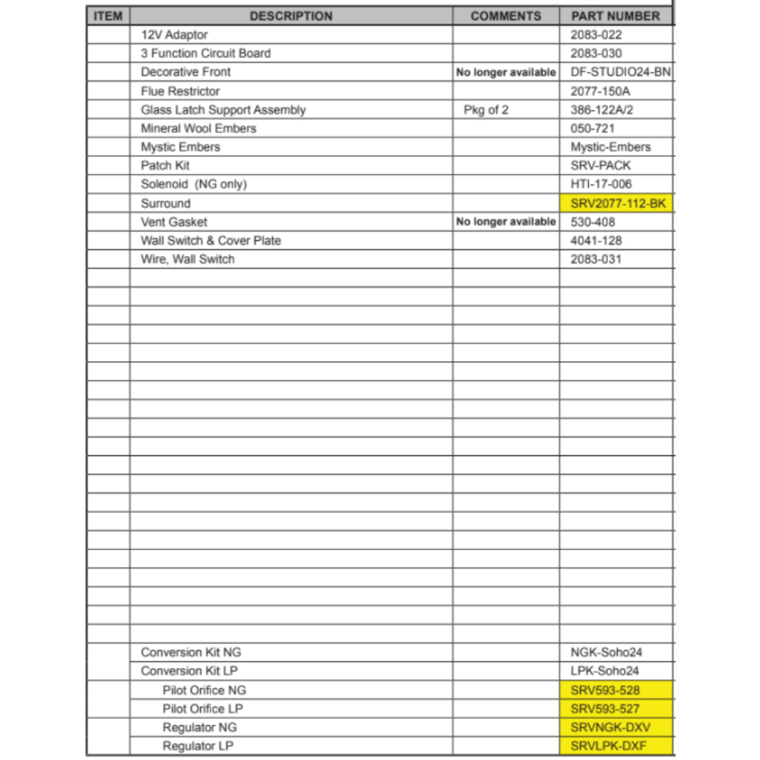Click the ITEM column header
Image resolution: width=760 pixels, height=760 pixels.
108,16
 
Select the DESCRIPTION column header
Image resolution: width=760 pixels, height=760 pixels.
291,16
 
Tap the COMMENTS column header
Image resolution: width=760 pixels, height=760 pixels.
506,16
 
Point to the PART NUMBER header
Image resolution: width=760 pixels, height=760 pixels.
616,16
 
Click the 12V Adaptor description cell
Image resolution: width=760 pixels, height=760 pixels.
174,35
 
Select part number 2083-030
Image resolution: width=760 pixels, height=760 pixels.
596,53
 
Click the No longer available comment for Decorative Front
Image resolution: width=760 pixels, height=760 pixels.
506,72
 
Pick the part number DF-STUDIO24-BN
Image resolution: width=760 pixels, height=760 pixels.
620,72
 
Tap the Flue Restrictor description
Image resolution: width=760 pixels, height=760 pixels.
180,91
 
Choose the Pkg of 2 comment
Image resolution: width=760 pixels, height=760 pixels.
486,110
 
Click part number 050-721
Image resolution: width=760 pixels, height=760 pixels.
593,128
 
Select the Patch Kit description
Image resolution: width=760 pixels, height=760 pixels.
165,166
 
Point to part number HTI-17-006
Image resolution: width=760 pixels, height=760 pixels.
601,184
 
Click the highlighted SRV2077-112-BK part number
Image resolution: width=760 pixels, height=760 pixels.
616,203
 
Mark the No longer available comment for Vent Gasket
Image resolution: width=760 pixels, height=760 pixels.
506,222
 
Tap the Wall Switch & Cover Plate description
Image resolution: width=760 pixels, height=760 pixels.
211,241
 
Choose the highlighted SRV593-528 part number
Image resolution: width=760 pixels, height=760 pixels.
605,690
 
